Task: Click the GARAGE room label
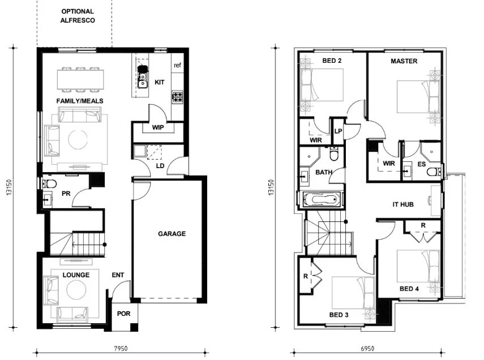(x=172, y=234)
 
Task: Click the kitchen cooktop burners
(x=178, y=97)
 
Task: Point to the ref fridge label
(x=178, y=66)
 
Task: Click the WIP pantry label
(x=158, y=128)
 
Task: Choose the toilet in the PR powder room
(x=49, y=183)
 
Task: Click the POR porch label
(x=123, y=313)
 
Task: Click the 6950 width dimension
(x=369, y=349)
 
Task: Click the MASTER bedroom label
(x=404, y=61)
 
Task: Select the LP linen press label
(x=338, y=131)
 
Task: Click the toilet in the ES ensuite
(x=433, y=172)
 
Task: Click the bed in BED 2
(x=323, y=85)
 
